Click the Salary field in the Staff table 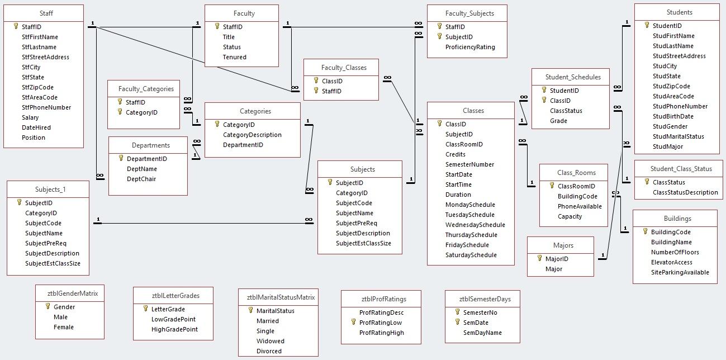pos(30,117)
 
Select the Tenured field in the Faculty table pos(234,57)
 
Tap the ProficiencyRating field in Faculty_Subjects pos(470,47)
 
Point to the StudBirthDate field pos(673,116)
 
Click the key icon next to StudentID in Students pos(647,25)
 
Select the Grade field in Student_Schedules pos(558,121)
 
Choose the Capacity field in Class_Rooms pos(570,216)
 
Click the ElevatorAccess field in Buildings pos(671,262)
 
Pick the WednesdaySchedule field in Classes pos(474,225)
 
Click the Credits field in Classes pos(455,154)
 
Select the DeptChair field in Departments pos(141,179)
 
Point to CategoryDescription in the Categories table pos(252,135)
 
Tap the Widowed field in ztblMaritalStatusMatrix pos(270,341)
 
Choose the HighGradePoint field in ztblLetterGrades pos(174,329)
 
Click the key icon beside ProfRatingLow pos(353,323)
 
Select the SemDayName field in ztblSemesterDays pos(482,333)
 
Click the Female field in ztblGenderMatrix pos(63,327)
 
